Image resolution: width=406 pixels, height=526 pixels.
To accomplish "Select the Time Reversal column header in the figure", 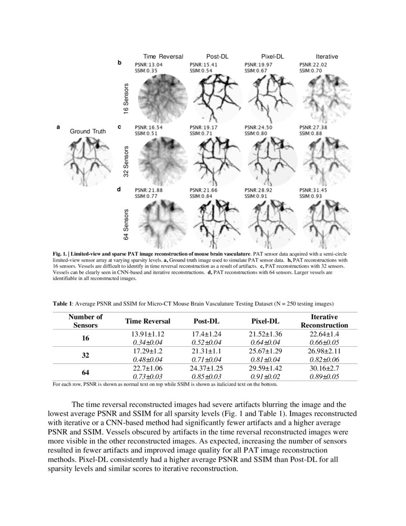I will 163,56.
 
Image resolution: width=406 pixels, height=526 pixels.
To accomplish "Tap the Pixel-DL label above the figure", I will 273,56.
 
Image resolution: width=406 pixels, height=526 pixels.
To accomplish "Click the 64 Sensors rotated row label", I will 127,224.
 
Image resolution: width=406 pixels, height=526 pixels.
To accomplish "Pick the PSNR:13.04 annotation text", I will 149,64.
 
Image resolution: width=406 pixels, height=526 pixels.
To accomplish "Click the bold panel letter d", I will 119,190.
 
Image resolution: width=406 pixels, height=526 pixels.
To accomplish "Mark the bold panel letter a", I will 58,127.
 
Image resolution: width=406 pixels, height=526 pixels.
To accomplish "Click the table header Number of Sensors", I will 85,321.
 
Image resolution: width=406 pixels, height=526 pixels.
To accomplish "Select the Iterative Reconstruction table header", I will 324,321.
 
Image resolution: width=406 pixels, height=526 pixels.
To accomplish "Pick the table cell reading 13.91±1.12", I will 148,334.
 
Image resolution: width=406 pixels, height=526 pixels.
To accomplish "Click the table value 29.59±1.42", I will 266,369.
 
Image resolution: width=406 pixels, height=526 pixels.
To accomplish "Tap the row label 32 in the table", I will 85,355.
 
